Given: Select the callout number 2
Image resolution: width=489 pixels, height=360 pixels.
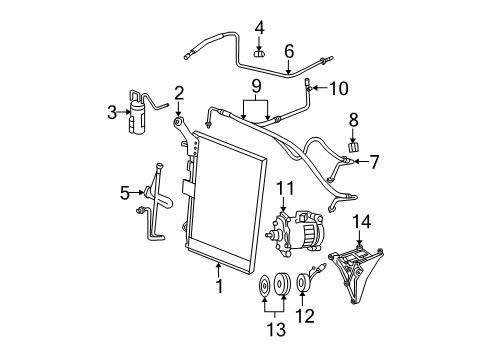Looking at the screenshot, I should (179, 94).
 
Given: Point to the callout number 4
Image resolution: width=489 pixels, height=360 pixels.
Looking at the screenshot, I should (257, 27).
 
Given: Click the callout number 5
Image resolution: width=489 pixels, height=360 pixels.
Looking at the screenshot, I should (125, 192).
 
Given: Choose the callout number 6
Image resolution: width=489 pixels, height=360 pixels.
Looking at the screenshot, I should (289, 51).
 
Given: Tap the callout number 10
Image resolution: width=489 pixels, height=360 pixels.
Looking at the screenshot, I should (338, 88).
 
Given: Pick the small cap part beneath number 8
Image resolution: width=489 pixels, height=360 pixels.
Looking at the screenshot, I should (352, 146).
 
